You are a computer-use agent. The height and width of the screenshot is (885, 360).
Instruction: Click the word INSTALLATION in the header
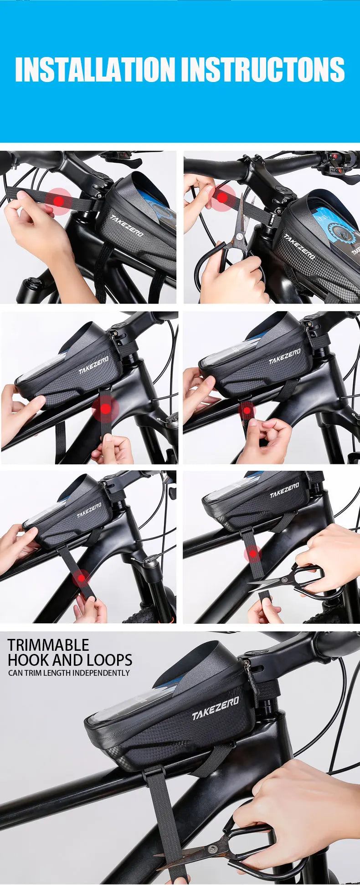[95, 69]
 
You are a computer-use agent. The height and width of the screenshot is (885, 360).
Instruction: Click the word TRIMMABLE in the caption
[48, 645]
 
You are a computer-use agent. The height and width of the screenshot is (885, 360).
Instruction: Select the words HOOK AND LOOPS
[70, 660]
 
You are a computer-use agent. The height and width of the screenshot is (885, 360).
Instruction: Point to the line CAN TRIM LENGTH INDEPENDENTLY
[69, 673]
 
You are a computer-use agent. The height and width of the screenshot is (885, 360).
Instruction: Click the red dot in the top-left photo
[58, 201]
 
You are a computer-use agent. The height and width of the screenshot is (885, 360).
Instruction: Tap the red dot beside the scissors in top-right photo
[221, 197]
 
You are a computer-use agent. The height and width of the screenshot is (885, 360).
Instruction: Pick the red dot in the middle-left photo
[105, 409]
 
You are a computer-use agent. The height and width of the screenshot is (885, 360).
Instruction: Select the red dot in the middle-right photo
[247, 410]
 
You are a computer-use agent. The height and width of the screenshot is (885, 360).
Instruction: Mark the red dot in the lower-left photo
[82, 579]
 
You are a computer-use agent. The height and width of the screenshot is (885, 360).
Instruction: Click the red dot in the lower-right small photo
[252, 554]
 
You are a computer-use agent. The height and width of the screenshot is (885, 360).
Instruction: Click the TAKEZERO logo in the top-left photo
[127, 226]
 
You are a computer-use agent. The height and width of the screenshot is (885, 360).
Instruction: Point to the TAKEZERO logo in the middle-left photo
[93, 365]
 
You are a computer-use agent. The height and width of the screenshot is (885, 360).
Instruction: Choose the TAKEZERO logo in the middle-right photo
[285, 356]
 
